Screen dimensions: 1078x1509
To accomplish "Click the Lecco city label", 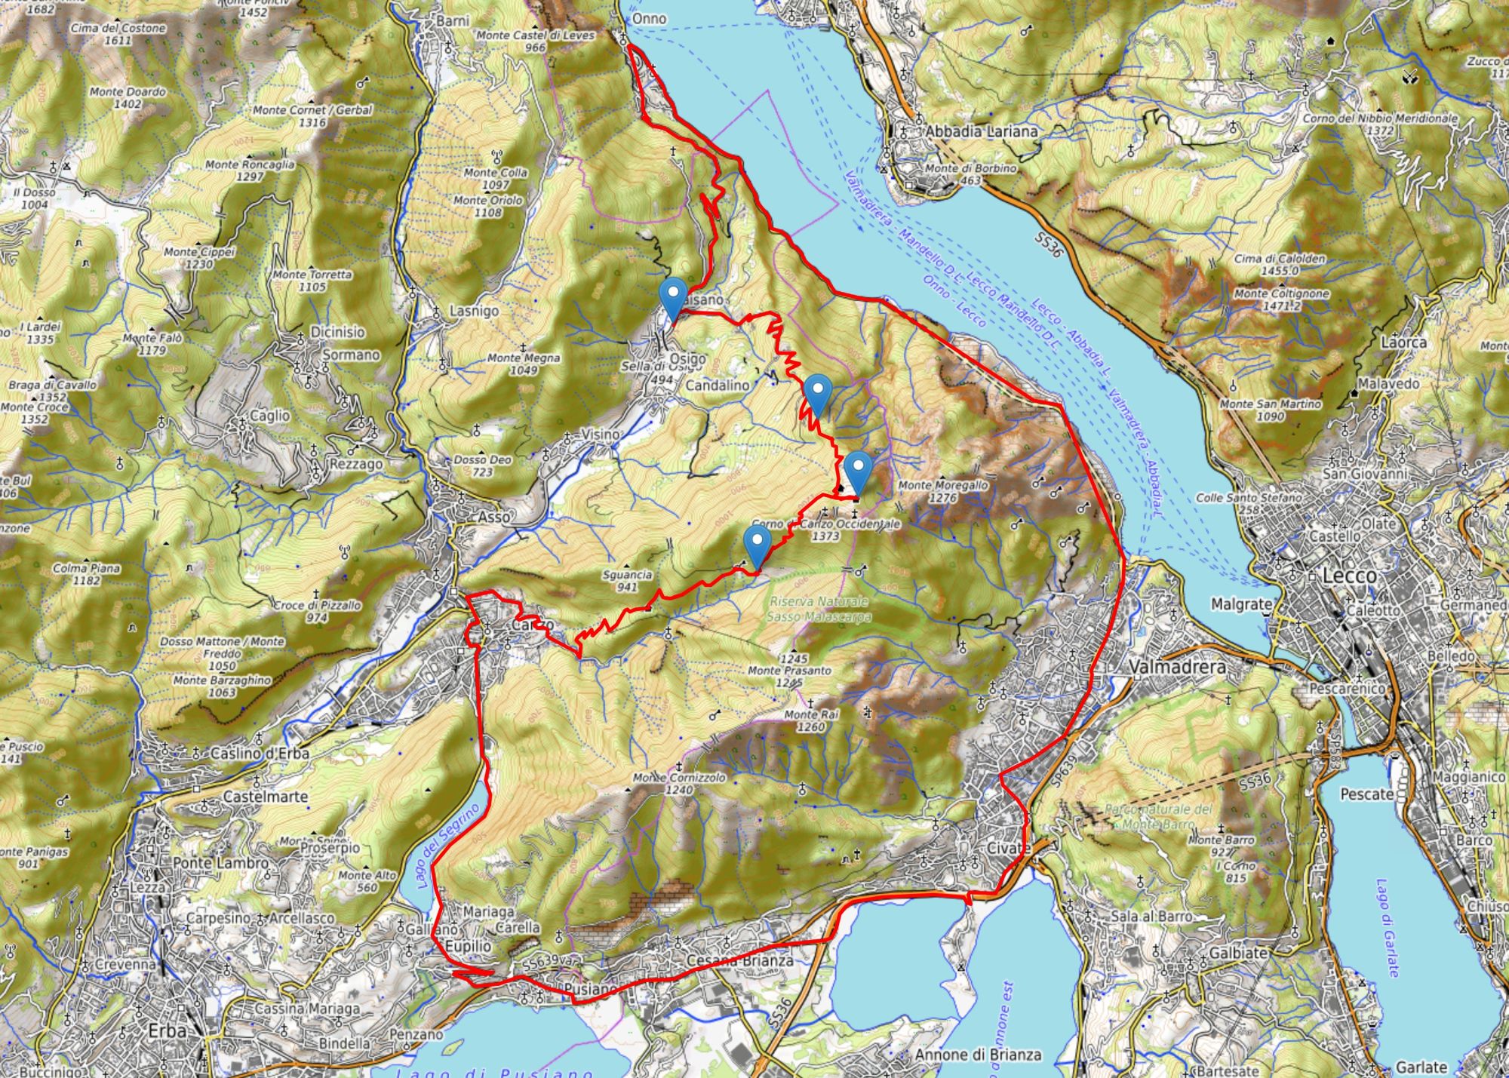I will [x=1349, y=576].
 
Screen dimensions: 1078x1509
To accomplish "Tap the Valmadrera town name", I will [x=1177, y=668].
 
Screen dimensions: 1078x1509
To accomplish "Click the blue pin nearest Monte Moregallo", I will [x=858, y=472].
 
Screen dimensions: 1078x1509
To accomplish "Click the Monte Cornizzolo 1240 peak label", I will [x=679, y=783].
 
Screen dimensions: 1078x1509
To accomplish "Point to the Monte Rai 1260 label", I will [x=811, y=720].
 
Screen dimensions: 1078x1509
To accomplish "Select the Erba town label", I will [x=167, y=1032].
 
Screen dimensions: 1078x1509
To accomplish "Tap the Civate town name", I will [x=1009, y=848].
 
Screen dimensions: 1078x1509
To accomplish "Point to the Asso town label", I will [x=494, y=518].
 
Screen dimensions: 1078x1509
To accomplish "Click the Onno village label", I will [x=649, y=18].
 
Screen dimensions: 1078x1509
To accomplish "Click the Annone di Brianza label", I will [x=978, y=1055].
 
